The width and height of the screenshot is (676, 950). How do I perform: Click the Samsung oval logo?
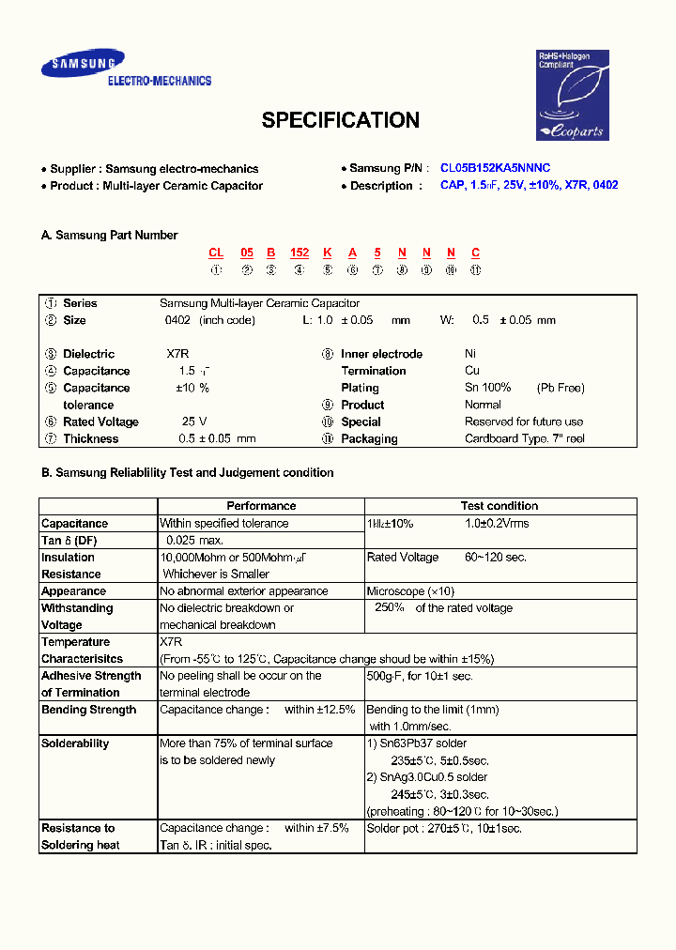point(82,65)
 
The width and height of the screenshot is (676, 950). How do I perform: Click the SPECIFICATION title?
point(340,120)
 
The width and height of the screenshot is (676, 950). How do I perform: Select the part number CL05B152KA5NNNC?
point(496,168)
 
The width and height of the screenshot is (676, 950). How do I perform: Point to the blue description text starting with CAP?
point(529,186)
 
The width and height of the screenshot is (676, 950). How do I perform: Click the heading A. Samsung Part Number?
point(109,236)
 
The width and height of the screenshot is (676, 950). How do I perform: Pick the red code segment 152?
point(300,253)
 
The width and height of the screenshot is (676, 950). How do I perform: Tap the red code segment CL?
point(216,253)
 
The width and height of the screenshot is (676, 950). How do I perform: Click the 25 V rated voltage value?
point(194,421)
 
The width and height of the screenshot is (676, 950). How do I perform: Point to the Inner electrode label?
point(381,354)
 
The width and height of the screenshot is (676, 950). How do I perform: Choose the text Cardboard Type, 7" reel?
point(525,438)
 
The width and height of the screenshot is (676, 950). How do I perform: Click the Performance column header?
point(261,506)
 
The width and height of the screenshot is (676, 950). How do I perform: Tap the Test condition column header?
point(499,506)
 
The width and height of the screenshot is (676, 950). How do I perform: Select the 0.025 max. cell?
point(194,541)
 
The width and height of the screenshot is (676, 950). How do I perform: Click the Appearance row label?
point(73,591)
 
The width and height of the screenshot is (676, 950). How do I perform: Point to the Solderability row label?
point(75,743)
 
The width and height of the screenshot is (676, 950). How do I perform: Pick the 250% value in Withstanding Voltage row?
point(390,608)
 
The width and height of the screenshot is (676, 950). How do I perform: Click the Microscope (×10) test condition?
point(409,591)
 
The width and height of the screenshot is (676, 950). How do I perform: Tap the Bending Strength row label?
point(88,710)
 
